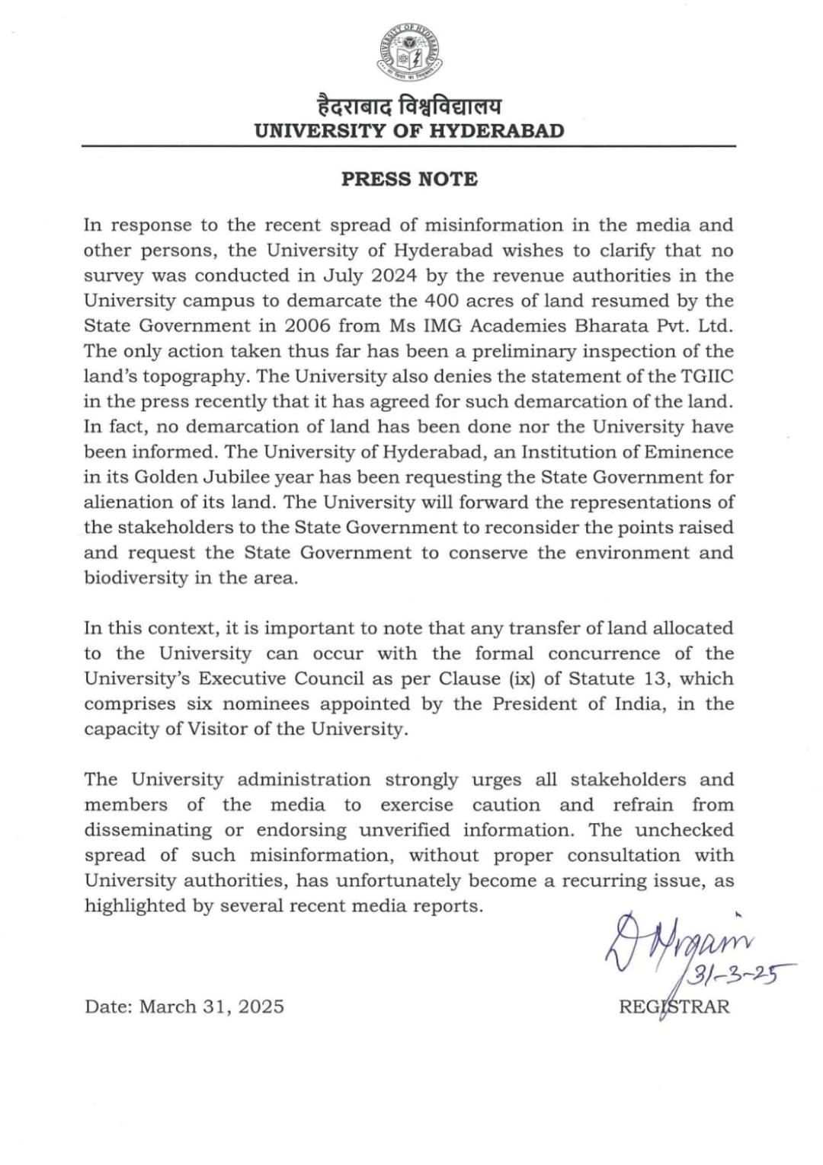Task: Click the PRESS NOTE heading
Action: point(409,179)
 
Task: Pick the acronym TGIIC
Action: point(702,376)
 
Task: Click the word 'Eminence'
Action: point(690,452)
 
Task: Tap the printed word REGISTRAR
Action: point(674,1007)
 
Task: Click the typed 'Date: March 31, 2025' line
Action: point(184,1007)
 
